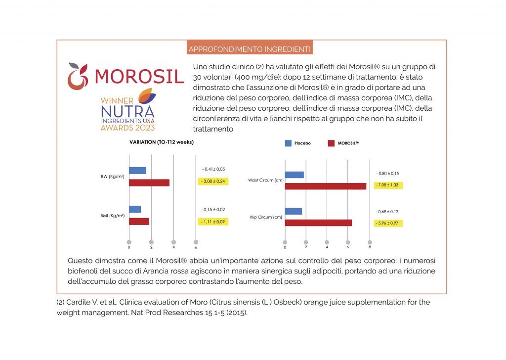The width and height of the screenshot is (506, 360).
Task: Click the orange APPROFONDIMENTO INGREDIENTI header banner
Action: [x=250, y=49]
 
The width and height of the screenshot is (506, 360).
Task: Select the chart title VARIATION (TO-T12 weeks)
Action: [x=161, y=142]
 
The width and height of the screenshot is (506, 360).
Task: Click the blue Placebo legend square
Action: [x=288, y=143]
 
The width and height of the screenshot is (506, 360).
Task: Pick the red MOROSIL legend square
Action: [x=331, y=143]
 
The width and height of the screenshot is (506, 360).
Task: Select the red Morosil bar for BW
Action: [x=149, y=182]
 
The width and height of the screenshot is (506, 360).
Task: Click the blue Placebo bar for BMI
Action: [x=135, y=209]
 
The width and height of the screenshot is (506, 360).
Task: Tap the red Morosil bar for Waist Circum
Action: [x=326, y=186]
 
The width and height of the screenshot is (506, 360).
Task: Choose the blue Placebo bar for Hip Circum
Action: [x=294, y=211]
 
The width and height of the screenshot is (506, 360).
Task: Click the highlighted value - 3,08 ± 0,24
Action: [x=213, y=181]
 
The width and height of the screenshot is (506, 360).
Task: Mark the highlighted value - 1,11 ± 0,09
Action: [x=213, y=222]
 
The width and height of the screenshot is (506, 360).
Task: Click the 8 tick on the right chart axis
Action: [x=370, y=242]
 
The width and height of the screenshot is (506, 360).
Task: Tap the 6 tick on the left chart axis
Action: [x=196, y=242]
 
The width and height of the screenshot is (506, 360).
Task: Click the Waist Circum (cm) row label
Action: [x=266, y=180]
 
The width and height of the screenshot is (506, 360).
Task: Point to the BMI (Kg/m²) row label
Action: [x=112, y=216]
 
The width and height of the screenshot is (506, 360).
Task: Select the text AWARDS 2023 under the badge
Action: [x=127, y=128]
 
